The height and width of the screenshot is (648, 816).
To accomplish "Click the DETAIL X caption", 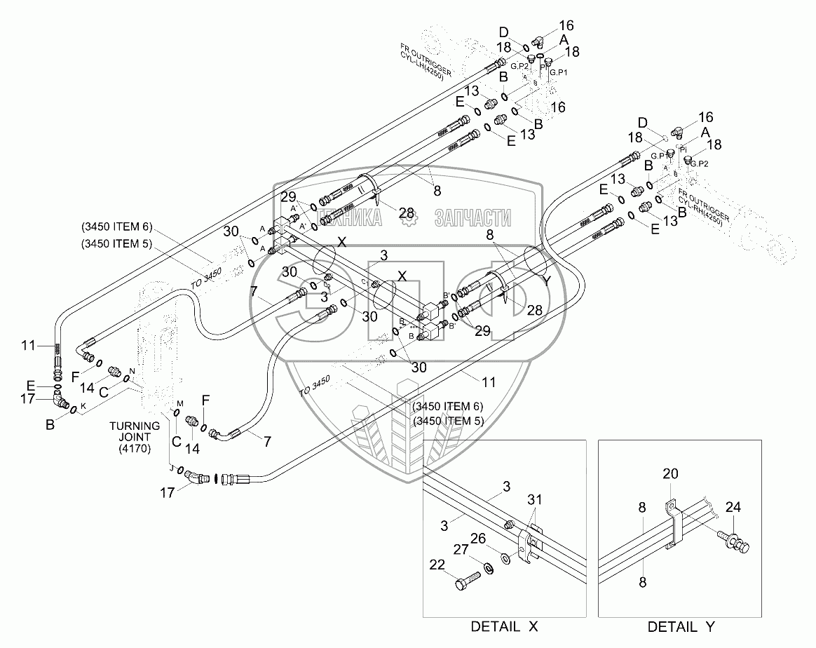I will tap(504, 626).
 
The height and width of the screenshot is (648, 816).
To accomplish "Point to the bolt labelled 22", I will tap(468, 580).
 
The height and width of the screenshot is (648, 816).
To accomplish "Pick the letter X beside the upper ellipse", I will tap(342, 242).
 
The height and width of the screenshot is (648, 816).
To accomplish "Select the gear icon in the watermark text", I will tap(408, 218).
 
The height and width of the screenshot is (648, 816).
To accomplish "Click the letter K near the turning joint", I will tap(83, 406).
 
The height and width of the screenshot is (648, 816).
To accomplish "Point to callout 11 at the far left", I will tap(28, 345).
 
